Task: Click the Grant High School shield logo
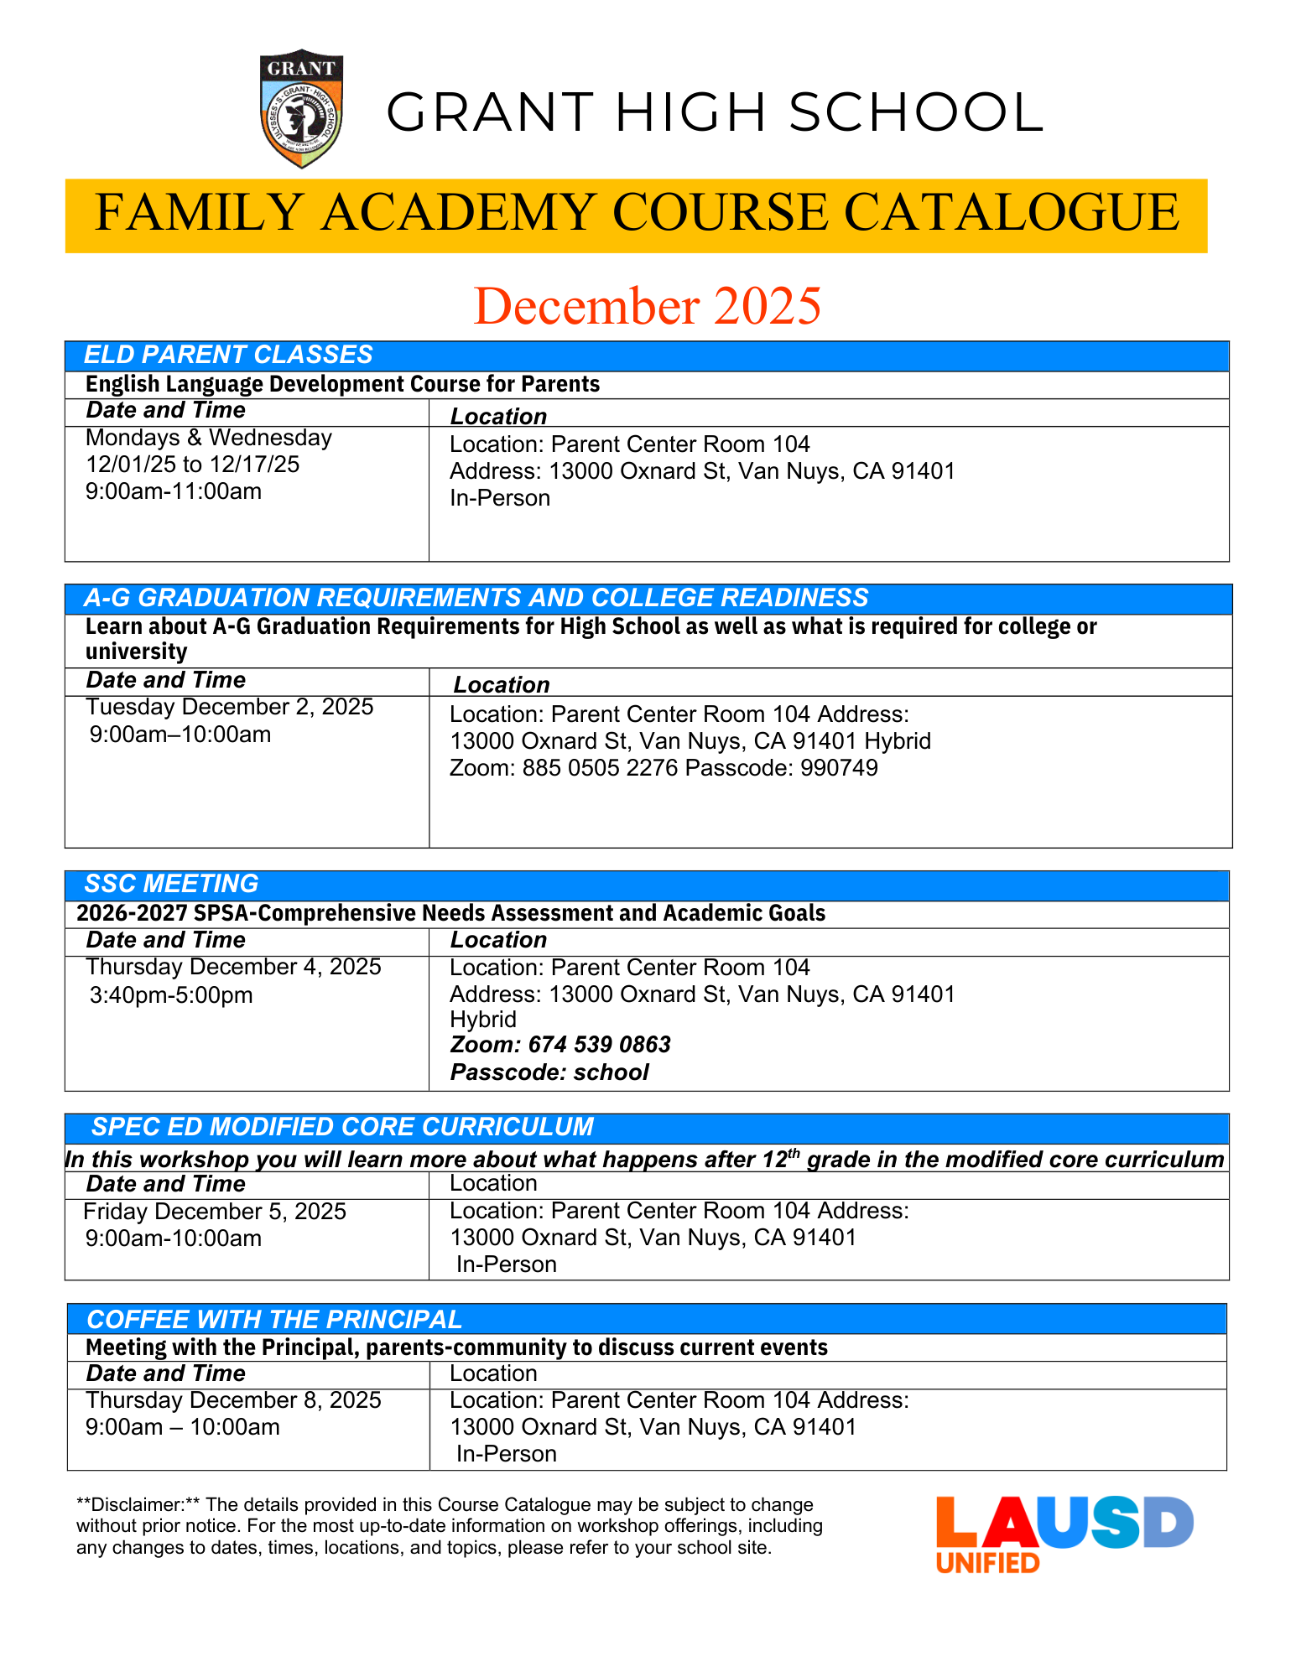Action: click(x=301, y=109)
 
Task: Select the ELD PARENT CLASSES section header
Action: click(x=228, y=355)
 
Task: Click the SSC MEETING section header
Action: click(x=171, y=884)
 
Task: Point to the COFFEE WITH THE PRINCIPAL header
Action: click(x=274, y=1319)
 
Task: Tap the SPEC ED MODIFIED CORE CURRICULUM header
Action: click(x=342, y=1127)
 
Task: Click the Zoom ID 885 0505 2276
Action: click(x=600, y=768)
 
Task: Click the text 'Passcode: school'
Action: click(x=549, y=1072)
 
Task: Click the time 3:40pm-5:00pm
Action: click(x=171, y=995)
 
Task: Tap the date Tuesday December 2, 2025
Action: click(x=229, y=707)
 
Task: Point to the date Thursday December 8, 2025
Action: click(x=233, y=1400)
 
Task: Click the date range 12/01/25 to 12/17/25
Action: click(x=192, y=465)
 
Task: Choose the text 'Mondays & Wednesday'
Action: click(x=208, y=438)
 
